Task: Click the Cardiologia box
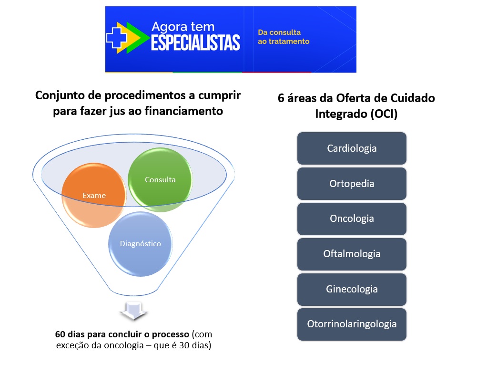click(352, 148)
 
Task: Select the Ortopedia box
click(352, 184)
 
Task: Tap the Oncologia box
click(352, 219)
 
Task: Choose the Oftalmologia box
click(352, 254)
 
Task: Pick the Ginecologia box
click(352, 289)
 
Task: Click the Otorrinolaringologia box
click(352, 324)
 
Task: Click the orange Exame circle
click(94, 195)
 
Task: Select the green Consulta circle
click(160, 180)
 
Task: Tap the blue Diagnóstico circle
click(140, 244)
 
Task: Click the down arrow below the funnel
click(133, 311)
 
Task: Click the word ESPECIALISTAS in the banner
click(195, 42)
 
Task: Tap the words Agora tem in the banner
click(183, 27)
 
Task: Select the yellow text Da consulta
click(279, 32)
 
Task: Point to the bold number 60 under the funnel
click(60, 334)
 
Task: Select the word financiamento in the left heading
click(184, 111)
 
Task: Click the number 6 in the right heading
click(281, 98)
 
